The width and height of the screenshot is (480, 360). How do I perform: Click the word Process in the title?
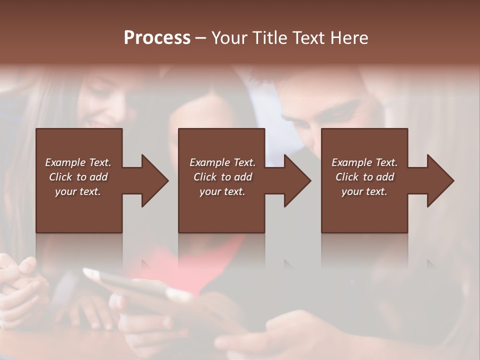pyautogui.click(x=157, y=38)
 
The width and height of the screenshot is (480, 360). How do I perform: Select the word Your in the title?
pyautogui.click(x=229, y=38)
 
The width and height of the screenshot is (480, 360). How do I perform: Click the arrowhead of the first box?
pyautogui.click(x=153, y=180)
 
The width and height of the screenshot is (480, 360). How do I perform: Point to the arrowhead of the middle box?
pyautogui.click(x=296, y=180)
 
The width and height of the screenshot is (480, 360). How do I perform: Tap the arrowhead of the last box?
pyautogui.click(x=439, y=180)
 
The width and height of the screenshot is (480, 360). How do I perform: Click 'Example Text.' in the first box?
pyautogui.click(x=78, y=162)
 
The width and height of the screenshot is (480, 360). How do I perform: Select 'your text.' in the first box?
pyautogui.click(x=78, y=191)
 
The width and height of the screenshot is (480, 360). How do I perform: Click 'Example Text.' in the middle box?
pyautogui.click(x=222, y=162)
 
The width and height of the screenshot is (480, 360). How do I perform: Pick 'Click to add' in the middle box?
pyautogui.click(x=222, y=177)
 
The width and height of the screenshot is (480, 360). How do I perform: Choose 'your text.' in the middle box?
pyautogui.click(x=222, y=191)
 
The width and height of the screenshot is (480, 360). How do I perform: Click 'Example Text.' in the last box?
pyautogui.click(x=364, y=162)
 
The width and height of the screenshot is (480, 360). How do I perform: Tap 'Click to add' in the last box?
pyautogui.click(x=364, y=177)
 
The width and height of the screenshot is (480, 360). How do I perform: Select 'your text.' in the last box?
pyautogui.click(x=364, y=191)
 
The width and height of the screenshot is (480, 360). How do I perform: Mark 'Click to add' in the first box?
pyautogui.click(x=78, y=177)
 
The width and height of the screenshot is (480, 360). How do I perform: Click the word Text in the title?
pyautogui.click(x=307, y=38)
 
